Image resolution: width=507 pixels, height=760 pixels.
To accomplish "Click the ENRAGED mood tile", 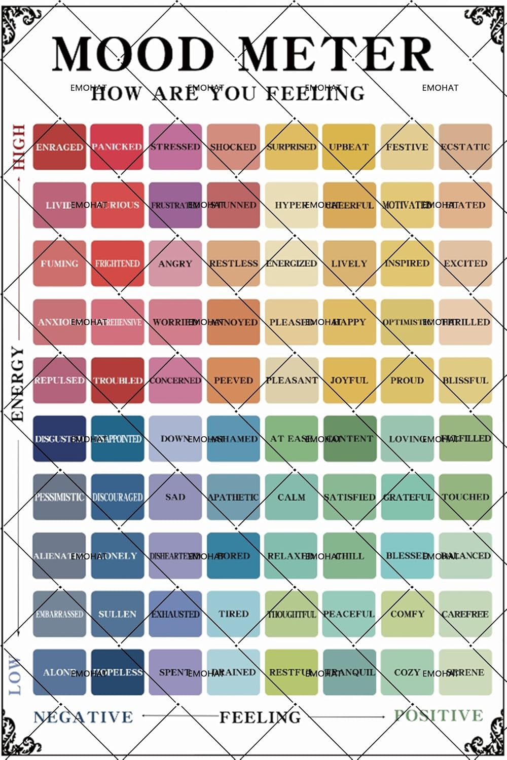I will click(x=59, y=147).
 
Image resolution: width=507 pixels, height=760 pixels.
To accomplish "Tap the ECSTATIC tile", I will click(x=465, y=147).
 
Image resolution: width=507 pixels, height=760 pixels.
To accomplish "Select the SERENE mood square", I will click(x=465, y=672).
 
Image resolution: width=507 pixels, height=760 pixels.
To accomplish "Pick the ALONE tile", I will click(x=59, y=672).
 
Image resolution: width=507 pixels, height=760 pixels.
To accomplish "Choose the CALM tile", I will click(x=292, y=497).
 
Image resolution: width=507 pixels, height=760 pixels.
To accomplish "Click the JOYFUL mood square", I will click(x=349, y=381).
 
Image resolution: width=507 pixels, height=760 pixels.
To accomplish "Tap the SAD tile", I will click(x=175, y=497).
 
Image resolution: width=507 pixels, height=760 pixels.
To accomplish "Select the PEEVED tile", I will click(x=233, y=381).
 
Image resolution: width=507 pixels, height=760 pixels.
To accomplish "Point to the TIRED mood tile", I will click(x=233, y=614).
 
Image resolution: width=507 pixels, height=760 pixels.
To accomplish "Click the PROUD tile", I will click(x=407, y=381).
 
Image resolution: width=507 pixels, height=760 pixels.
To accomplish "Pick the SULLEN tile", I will click(x=117, y=614).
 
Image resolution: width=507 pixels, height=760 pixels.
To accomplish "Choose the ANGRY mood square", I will click(x=175, y=263).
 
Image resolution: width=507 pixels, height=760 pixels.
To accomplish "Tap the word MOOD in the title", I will click(x=133, y=54).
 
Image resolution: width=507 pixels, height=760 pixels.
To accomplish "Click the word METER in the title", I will click(x=336, y=54).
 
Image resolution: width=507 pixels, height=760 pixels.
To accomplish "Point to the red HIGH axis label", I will click(x=19, y=147).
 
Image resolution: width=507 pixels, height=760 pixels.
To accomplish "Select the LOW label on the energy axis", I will click(x=15, y=675).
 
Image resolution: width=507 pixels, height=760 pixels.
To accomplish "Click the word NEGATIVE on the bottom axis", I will click(x=83, y=717).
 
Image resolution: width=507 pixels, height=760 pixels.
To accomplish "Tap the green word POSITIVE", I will click(x=439, y=715).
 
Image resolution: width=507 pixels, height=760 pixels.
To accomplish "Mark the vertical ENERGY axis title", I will click(x=18, y=384).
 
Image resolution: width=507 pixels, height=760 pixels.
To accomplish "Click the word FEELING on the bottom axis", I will click(x=260, y=717).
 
